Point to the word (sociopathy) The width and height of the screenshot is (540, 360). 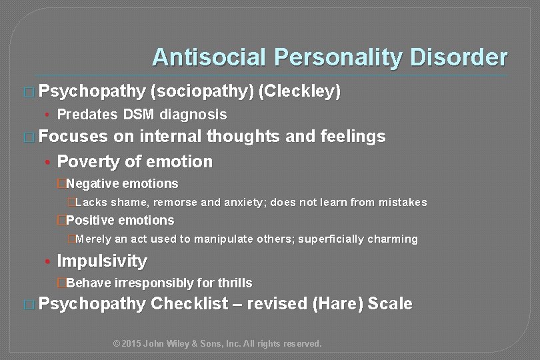coord(201,92)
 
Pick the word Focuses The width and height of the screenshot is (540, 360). coord(73,137)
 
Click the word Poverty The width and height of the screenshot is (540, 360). coord(88,161)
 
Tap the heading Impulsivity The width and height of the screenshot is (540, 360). coord(102,261)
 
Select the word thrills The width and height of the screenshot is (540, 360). coord(234,283)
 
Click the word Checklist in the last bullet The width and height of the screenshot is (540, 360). coord(188,305)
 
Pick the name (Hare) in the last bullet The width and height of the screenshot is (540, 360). coord(337,305)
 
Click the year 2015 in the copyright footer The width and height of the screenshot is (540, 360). coord(133,344)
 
